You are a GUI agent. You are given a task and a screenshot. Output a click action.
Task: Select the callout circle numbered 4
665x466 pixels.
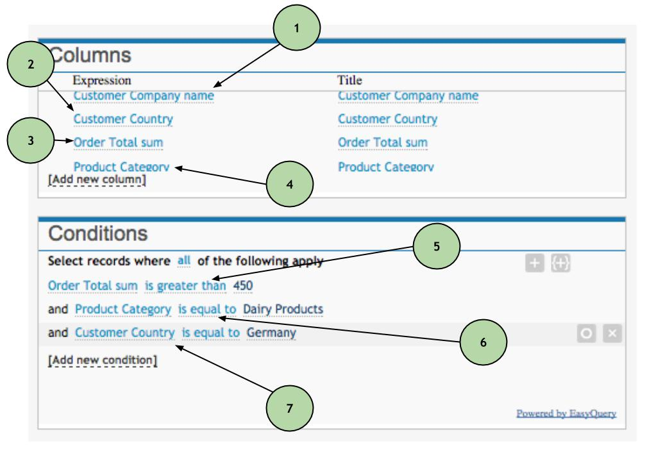click(x=290, y=183)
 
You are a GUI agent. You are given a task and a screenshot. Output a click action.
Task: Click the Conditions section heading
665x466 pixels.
click(x=97, y=233)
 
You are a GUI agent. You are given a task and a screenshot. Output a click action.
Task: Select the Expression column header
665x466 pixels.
click(x=102, y=81)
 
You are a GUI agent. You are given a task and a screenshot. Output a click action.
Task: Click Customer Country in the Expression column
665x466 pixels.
click(x=123, y=119)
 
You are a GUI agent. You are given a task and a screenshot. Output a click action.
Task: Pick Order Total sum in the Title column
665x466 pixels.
click(x=382, y=142)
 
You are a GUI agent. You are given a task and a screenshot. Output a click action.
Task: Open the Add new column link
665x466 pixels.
click(x=97, y=181)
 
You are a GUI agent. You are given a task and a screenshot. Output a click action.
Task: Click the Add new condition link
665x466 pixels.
click(x=103, y=360)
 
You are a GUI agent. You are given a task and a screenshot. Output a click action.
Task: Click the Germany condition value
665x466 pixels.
click(x=271, y=333)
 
